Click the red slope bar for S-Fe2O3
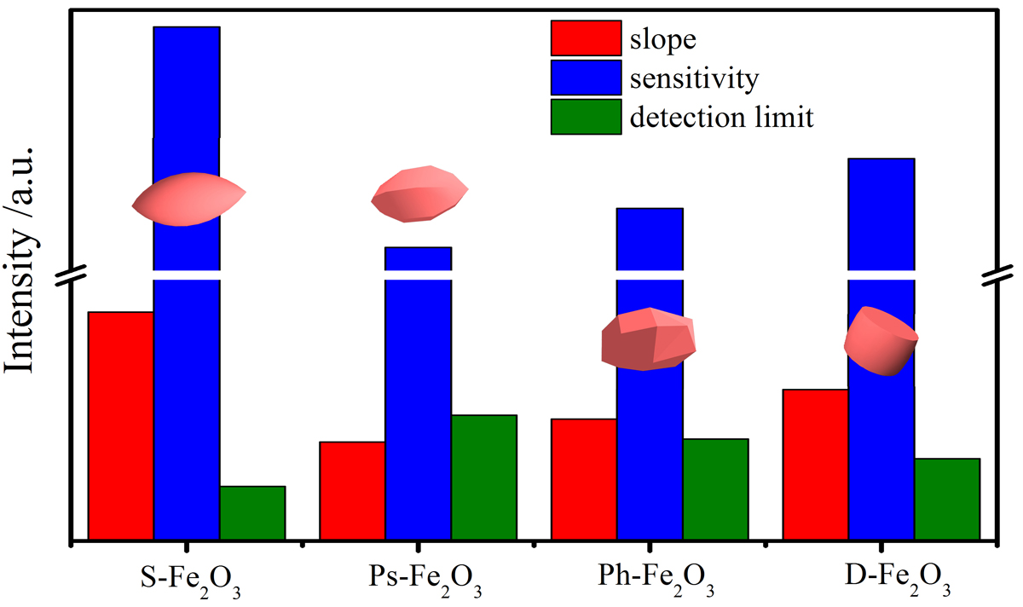tap(121, 425)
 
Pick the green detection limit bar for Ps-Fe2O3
tap(484, 477)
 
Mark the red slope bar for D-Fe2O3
tap(816, 464)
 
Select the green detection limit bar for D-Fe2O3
tap(947, 499)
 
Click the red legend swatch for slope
tap(586, 38)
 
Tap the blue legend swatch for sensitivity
tap(586, 78)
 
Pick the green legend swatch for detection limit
tap(586, 117)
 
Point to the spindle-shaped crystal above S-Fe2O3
tap(188, 199)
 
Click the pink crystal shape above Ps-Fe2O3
tap(419, 195)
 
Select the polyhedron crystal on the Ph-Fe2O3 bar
tap(649, 339)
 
